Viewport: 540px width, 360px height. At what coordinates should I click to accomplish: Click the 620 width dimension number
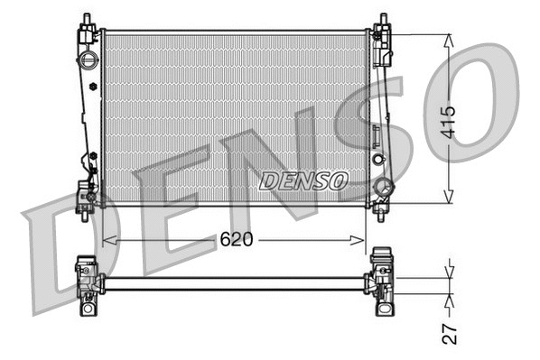pyautogui.click(x=237, y=240)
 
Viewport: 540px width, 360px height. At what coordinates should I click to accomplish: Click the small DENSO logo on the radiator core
pyautogui.click(x=303, y=181)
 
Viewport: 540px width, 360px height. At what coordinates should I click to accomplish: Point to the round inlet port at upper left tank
pyautogui.click(x=88, y=60)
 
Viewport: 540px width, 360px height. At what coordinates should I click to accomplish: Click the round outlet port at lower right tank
pyautogui.click(x=383, y=188)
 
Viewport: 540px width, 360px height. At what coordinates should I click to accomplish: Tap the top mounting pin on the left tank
pyautogui.click(x=87, y=20)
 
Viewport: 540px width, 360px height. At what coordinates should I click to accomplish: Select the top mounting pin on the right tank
pyautogui.click(x=383, y=20)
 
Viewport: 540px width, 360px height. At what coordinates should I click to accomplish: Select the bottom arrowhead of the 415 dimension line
pyautogui.click(x=449, y=198)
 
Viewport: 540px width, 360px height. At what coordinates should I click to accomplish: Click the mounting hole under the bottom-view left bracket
pyautogui.click(x=89, y=309)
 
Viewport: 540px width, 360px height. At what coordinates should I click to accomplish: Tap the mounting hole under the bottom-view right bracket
pyautogui.click(x=383, y=309)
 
